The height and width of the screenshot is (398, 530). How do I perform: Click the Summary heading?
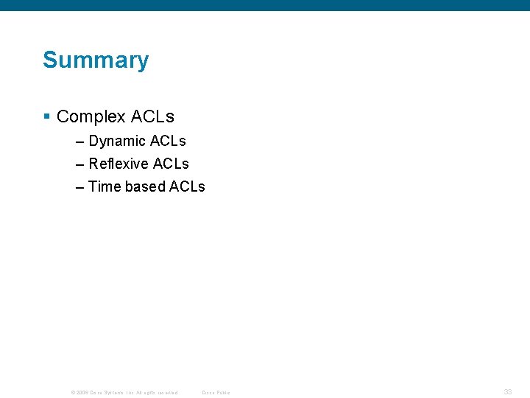tap(96, 60)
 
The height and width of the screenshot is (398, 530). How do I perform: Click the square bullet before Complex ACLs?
tap(46, 116)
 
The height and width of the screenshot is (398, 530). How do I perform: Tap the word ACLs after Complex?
tap(152, 116)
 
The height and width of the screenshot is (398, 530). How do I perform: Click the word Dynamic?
tap(117, 141)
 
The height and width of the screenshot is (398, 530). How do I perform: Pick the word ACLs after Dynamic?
tap(168, 141)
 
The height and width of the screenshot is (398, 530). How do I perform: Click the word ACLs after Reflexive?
tap(171, 164)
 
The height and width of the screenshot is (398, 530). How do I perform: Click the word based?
tap(145, 186)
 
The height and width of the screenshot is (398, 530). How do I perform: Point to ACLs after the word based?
tap(187, 186)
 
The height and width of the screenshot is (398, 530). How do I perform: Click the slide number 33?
tap(507, 392)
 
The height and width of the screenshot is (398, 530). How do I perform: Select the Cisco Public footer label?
tap(216, 393)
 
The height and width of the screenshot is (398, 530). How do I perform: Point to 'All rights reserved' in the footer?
tap(157, 393)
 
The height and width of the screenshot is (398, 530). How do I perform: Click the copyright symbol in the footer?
tap(72, 393)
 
